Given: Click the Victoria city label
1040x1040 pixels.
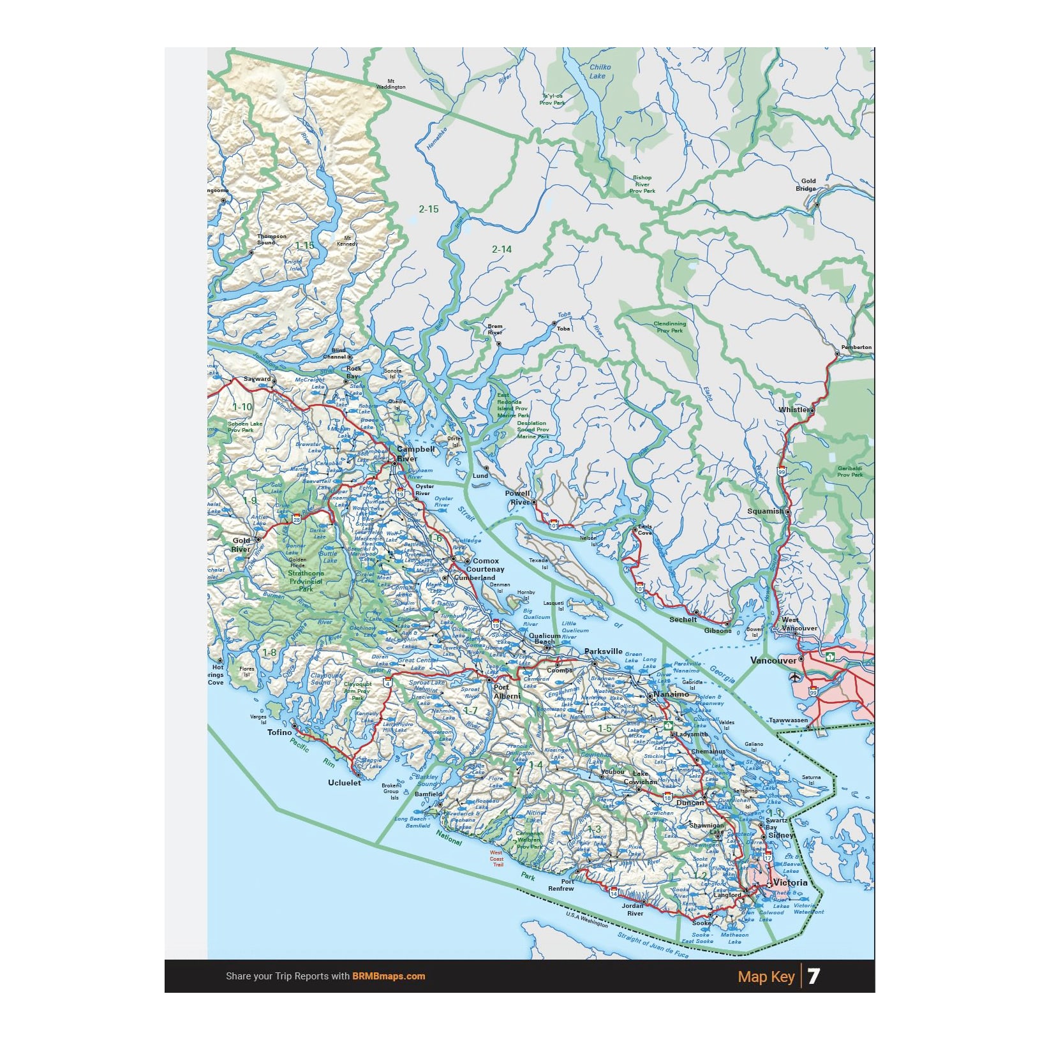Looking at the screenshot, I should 790,883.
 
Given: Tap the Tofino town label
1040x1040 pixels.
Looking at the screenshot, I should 279,732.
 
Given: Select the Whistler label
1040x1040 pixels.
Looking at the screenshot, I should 793,410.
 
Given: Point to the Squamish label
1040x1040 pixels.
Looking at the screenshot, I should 765,511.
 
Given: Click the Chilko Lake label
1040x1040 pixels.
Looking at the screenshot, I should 599,71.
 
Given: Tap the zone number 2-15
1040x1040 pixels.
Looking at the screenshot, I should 429,209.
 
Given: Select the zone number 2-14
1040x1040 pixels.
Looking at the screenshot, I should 501,249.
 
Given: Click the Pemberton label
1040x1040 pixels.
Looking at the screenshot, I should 856,348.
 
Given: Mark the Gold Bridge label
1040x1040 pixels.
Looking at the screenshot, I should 806,184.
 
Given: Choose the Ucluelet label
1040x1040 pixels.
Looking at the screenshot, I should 345,783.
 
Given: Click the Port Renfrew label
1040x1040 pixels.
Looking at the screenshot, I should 561,885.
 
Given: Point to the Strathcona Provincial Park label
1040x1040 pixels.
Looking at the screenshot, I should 306,581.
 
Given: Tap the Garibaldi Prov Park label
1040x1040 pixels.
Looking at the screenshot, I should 850,472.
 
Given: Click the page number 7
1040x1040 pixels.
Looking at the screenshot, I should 813,976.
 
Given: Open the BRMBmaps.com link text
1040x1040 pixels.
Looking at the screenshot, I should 389,976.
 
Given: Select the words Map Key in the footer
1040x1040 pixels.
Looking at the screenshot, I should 766,977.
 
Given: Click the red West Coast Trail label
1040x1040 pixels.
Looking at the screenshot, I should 496,858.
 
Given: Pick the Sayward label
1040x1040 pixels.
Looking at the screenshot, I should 257,379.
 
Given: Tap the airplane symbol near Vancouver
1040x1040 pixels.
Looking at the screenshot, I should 795,677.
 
